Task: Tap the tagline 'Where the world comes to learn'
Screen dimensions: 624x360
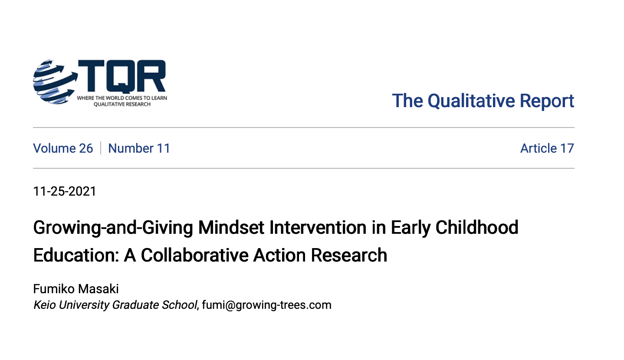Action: click(x=122, y=98)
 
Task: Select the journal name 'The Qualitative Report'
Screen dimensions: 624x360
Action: click(x=483, y=101)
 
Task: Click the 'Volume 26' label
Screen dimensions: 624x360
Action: click(x=63, y=148)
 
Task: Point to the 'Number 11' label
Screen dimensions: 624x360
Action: click(x=139, y=148)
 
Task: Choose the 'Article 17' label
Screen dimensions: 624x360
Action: click(x=547, y=148)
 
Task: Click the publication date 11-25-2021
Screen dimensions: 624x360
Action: click(x=65, y=191)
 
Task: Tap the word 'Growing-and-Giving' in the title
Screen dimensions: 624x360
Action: click(x=113, y=227)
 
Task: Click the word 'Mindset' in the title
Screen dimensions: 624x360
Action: click(x=231, y=227)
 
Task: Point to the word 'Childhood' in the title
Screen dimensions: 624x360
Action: click(x=477, y=227)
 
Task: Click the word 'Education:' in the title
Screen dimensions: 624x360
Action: click(x=76, y=255)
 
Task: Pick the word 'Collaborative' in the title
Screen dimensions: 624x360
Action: click(x=194, y=255)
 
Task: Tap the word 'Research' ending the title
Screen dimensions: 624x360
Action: click(x=349, y=255)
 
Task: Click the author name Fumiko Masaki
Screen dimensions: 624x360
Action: click(x=76, y=289)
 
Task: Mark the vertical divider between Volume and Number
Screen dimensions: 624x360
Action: click(x=101, y=148)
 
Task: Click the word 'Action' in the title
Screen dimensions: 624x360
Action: click(x=279, y=255)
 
